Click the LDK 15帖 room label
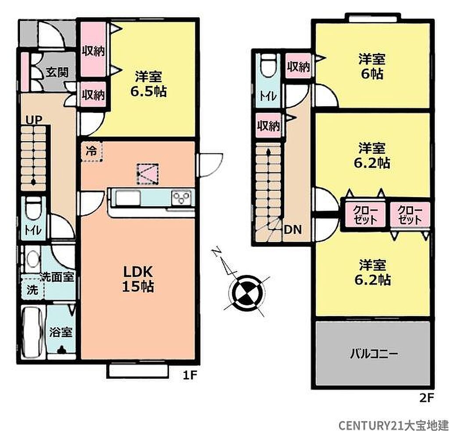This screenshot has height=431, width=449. (x=138, y=279)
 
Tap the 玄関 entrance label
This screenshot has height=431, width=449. (x=57, y=73)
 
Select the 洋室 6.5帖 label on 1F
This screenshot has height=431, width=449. (x=149, y=84)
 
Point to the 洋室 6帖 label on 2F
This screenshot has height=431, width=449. (x=372, y=66)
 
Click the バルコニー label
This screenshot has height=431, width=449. (x=374, y=354)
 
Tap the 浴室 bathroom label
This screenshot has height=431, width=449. (x=61, y=332)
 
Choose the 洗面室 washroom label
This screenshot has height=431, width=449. (x=57, y=277)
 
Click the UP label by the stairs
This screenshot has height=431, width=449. (x=34, y=120)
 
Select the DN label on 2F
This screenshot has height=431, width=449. (x=292, y=229)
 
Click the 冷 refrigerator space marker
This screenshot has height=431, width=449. (x=92, y=152)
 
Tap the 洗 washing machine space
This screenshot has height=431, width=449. (x=32, y=289)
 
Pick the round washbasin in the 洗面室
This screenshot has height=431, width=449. (x=33, y=259)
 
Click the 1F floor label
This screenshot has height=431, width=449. (x=190, y=375)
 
